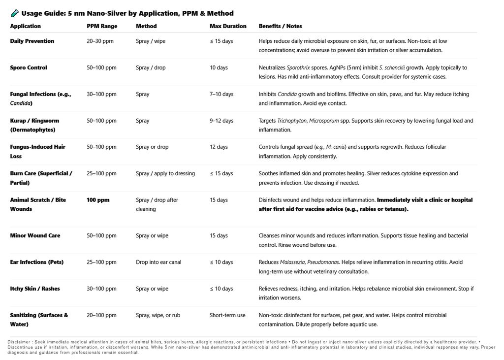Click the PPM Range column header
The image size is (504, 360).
[x=102, y=26]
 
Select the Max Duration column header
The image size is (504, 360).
[x=228, y=26]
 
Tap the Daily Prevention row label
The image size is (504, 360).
[x=32, y=41]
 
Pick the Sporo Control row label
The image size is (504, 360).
[x=29, y=67]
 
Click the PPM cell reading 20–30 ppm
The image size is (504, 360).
[x=100, y=41]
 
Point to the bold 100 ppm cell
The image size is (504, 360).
[x=98, y=200]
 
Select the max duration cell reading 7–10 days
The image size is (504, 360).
[x=221, y=94]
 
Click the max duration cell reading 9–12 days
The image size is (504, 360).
[x=221, y=121]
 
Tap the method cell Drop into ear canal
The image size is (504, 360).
[x=158, y=262]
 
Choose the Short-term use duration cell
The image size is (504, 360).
[x=227, y=315]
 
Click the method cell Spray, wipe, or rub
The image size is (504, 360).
[x=158, y=315]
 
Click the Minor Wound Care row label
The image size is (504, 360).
[x=35, y=235]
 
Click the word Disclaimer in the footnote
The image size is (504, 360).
[x=20, y=342]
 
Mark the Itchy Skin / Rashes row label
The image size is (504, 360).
[x=35, y=289]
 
